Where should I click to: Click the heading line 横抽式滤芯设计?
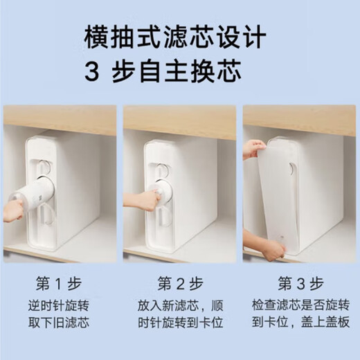(175, 37)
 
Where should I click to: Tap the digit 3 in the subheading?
(91, 71)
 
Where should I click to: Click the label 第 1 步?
(59, 284)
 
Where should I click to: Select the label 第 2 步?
(180, 284)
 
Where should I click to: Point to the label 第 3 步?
(300, 284)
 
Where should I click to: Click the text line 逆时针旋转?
(59, 305)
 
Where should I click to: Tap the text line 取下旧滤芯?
(59, 323)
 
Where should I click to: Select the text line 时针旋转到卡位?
(181, 323)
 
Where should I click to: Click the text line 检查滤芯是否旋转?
(300, 305)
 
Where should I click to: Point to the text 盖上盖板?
(325, 323)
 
